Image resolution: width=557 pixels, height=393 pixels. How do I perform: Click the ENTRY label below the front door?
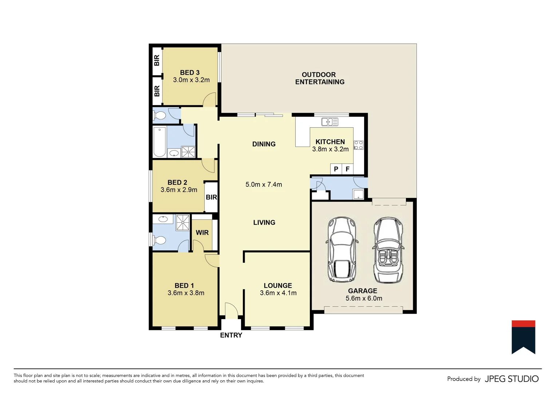(x=231, y=335)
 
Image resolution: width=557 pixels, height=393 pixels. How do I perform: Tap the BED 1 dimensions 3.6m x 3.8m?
(x=186, y=293)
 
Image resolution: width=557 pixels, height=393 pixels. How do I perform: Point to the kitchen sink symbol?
(x=330, y=122)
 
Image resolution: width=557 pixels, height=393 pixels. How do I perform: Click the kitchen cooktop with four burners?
(x=359, y=145)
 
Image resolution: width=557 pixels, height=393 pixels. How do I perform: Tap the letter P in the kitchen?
(x=336, y=169)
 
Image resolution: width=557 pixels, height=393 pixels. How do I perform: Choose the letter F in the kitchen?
(x=347, y=169)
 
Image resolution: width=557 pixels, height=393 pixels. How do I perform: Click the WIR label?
(x=202, y=233)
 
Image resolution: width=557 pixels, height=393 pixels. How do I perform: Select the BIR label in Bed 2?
(x=211, y=197)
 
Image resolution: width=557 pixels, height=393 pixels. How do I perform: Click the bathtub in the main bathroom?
(x=159, y=142)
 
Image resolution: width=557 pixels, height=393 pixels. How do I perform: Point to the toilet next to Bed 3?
(x=159, y=116)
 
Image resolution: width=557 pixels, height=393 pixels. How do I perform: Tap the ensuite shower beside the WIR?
(x=183, y=222)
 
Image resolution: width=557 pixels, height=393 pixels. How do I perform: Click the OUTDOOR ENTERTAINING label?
(x=319, y=78)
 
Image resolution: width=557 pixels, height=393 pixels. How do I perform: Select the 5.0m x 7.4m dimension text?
(x=264, y=184)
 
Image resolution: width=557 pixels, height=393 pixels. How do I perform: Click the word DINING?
(x=264, y=144)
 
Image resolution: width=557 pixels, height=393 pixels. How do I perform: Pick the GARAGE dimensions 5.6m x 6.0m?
(x=364, y=298)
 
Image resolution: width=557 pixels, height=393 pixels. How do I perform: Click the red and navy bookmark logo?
(x=523, y=337)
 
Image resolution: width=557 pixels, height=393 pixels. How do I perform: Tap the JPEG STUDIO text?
(x=511, y=379)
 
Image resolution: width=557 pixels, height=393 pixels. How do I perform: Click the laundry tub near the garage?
(x=358, y=194)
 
